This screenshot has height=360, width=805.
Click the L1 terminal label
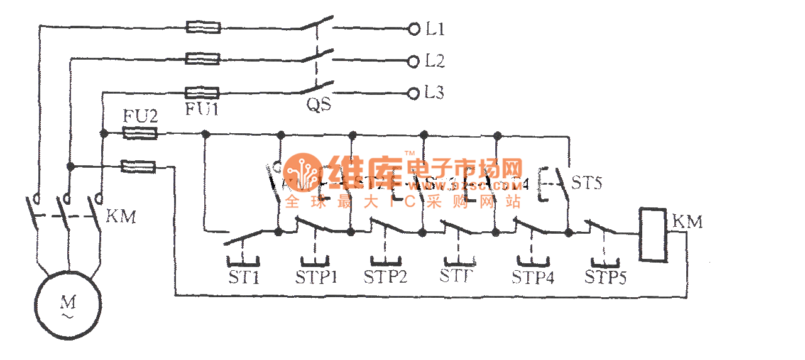(x=435, y=29)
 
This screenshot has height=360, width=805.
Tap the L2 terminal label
(x=435, y=61)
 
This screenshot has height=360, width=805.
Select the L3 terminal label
(x=435, y=93)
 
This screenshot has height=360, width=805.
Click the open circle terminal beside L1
(x=413, y=29)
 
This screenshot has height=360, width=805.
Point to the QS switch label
(x=319, y=106)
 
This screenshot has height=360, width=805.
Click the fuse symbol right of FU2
(x=139, y=133)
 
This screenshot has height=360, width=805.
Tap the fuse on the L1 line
(x=203, y=28)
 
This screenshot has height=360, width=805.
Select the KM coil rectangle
(x=652, y=234)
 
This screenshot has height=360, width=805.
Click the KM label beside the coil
(x=687, y=222)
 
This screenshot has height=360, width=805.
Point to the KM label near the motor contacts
(x=121, y=217)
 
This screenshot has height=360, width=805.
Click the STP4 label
(x=533, y=277)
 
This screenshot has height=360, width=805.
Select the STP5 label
(x=605, y=277)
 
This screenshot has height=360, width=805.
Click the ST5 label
(x=587, y=183)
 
